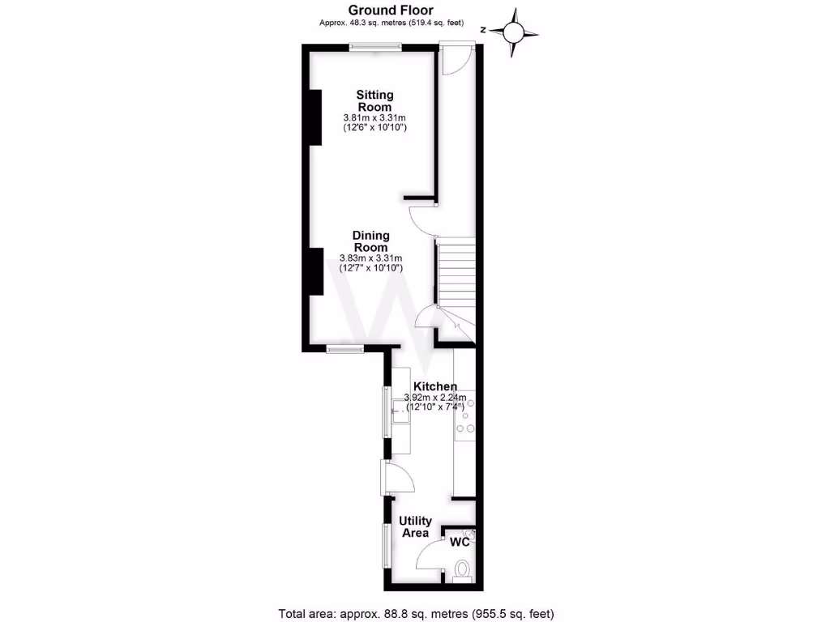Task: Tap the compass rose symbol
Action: coord(514,32)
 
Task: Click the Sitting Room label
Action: coord(374,101)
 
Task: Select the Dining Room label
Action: coord(370,241)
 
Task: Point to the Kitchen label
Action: coord(435,386)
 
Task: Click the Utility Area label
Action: coord(415,526)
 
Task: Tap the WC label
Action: coord(460,541)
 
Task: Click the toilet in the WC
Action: coord(463,569)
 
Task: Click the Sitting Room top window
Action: coord(375,47)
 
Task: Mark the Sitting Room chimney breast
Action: coord(314,117)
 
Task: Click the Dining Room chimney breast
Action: coord(315,272)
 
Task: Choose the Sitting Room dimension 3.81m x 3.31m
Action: coord(374,118)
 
